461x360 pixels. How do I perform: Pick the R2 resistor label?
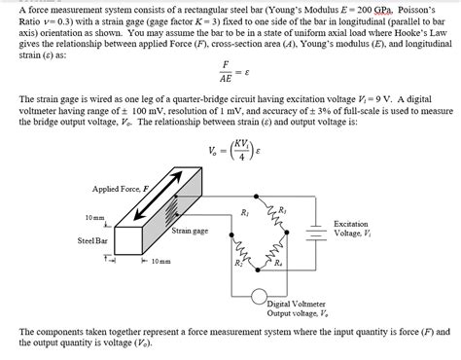pyautogui.click(x=239, y=262)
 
